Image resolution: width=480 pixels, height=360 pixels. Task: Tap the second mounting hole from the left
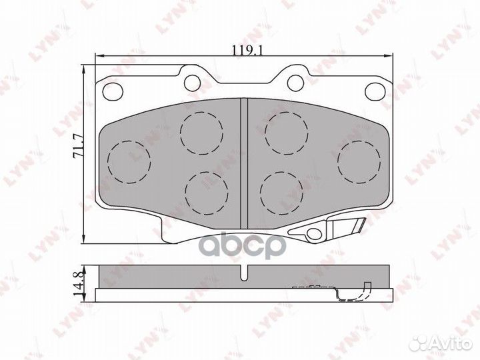(193, 82)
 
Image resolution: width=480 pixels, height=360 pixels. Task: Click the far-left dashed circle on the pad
(129, 162)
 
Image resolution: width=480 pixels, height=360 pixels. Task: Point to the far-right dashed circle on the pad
(359, 162)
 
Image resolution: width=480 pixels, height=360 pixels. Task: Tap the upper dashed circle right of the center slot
(285, 131)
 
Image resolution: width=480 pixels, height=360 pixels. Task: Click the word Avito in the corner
(447, 343)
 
